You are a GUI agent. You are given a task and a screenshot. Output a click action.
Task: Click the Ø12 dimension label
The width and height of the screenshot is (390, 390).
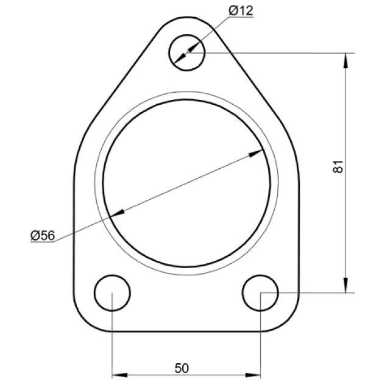[241, 10]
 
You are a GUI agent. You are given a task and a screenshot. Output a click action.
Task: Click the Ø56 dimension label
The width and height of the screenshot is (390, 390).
[42, 235]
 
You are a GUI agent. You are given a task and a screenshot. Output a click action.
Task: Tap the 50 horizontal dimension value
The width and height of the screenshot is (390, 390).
[182, 368]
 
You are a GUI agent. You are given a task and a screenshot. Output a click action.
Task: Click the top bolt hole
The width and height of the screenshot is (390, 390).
[188, 52]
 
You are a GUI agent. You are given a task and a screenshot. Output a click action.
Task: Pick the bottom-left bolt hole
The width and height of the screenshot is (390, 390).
[113, 293]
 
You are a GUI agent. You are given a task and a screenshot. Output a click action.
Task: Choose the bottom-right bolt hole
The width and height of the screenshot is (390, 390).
[260, 293]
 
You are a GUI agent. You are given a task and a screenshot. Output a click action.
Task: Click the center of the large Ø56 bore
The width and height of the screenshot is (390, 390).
[187, 183]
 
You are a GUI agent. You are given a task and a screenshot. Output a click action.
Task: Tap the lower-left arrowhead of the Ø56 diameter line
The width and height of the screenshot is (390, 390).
[118, 213]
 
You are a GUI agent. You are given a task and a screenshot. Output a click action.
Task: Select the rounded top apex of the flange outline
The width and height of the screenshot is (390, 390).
[188, 16]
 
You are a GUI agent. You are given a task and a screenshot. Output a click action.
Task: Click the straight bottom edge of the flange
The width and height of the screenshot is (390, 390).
[187, 332]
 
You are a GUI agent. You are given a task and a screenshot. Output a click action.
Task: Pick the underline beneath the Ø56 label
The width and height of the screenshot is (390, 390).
[43, 242]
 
